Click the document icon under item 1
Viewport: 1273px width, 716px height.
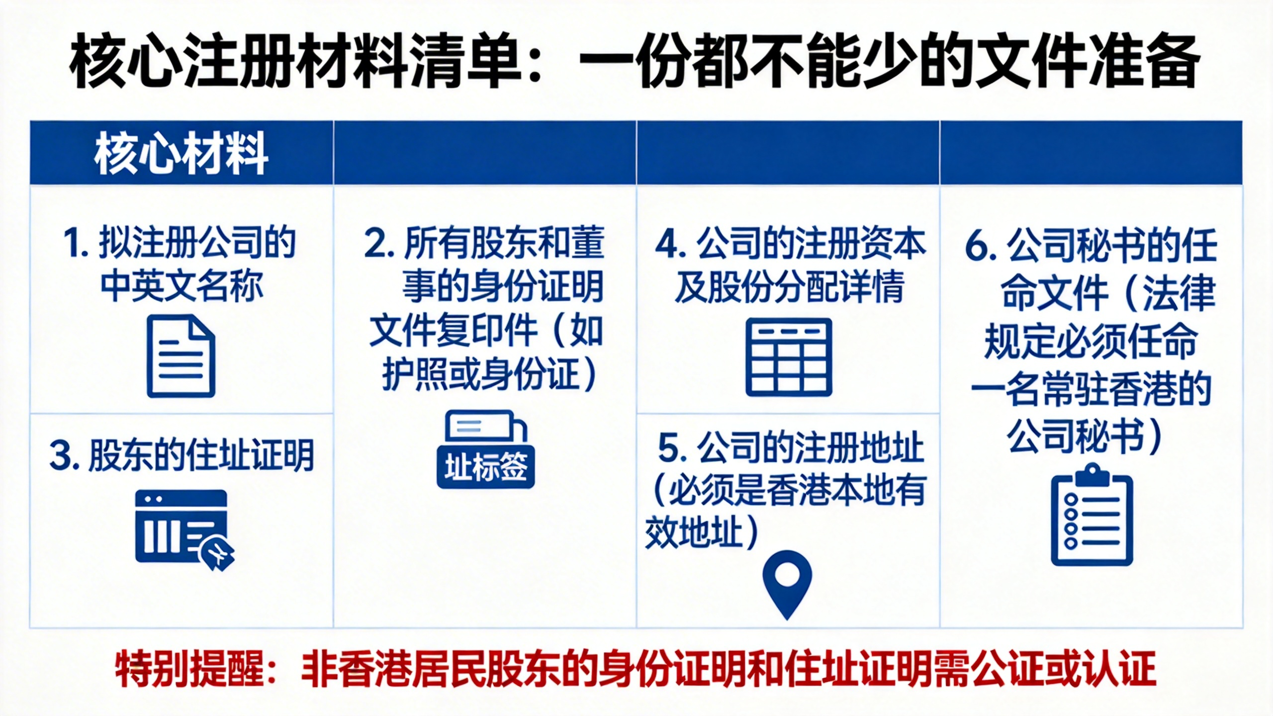point(181,356)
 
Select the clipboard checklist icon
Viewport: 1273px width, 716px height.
point(1092,515)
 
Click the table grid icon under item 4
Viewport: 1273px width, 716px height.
point(789,357)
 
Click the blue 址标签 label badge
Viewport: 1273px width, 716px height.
point(486,467)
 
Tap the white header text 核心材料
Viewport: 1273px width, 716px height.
point(182,154)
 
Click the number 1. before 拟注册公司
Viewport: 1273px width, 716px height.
point(76,244)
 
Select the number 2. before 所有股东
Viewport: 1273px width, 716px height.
point(379,244)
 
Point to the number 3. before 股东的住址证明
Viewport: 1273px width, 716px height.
point(65,455)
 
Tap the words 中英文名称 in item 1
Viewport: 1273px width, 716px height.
point(182,286)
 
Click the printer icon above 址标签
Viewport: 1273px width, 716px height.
point(486,427)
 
